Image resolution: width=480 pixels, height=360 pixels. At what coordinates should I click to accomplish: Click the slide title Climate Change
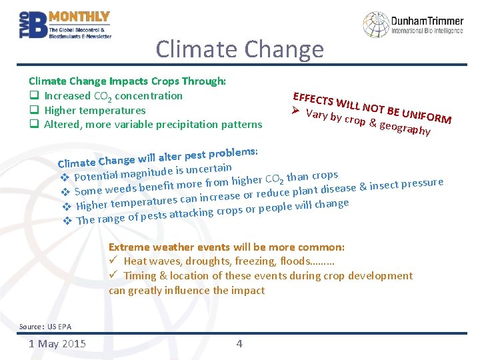click(239, 49)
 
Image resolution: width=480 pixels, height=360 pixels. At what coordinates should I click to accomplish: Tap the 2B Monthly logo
click(65, 25)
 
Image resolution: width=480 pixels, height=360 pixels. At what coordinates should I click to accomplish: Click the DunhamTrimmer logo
click(413, 23)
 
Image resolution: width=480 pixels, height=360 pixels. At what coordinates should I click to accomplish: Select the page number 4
click(239, 344)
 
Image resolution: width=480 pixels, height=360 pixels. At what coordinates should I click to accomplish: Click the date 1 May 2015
click(57, 344)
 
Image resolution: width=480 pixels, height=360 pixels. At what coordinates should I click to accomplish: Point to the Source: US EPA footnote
click(45, 327)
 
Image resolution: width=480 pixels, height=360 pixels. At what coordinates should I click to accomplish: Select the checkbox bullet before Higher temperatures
click(33, 110)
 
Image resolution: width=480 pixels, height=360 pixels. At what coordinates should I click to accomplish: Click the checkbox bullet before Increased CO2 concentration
click(33, 96)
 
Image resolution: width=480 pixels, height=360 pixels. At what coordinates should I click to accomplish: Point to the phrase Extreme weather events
click(169, 247)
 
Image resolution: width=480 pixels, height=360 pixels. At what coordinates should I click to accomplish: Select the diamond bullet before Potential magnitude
click(65, 178)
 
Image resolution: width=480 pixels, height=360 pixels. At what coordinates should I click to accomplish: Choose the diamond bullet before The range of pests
click(67, 221)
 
